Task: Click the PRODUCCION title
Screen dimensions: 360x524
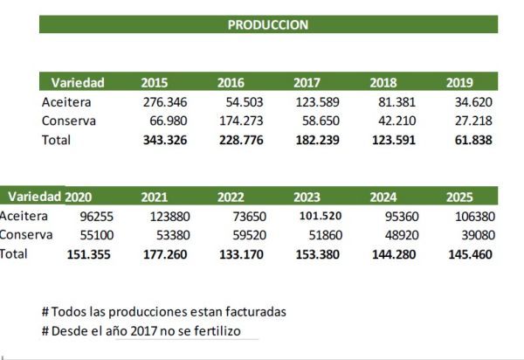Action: coord(267,25)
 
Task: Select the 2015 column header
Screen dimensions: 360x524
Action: coord(155,83)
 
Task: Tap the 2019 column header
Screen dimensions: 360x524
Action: coord(459,83)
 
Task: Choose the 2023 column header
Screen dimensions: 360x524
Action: coord(307,197)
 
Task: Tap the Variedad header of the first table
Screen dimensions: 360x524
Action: coord(78,83)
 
